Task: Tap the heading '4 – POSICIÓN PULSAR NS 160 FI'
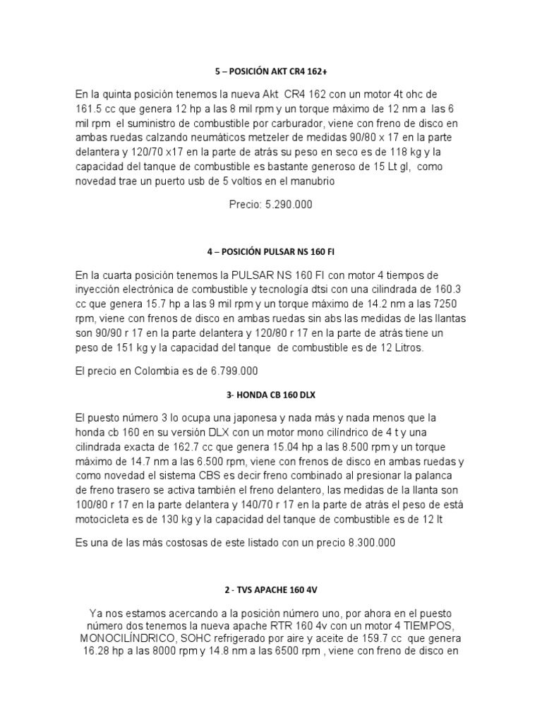[x=271, y=252]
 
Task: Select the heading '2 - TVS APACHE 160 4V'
[x=271, y=588]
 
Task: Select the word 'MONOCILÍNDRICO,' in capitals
[x=131, y=640]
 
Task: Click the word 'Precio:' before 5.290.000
[x=245, y=205]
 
